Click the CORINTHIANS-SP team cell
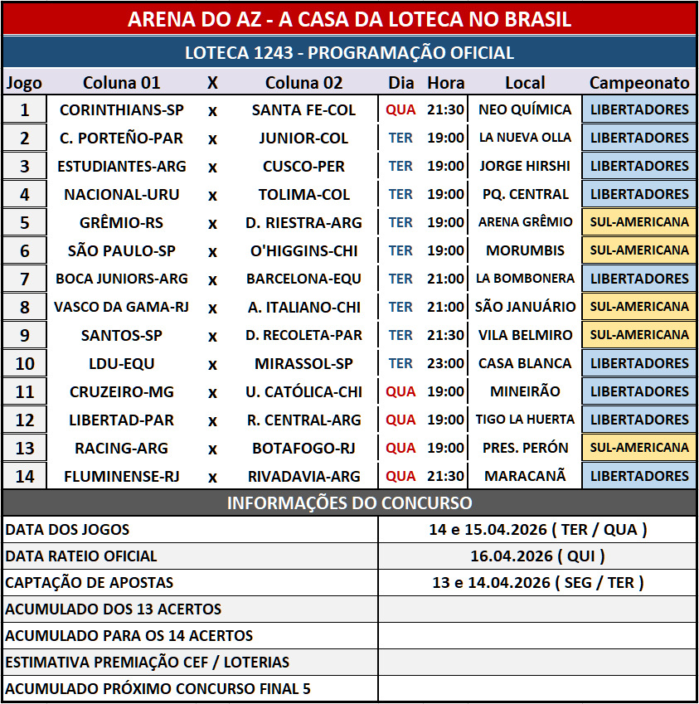coord(121,109)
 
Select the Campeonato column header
coord(638,83)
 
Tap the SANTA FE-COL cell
coord(303,109)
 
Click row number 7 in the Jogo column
coord(24,279)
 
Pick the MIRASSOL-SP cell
coord(303,363)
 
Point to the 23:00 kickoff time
coord(445,363)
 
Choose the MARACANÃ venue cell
coord(525,476)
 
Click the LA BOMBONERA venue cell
coord(525,279)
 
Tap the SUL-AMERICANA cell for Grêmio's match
coord(638,222)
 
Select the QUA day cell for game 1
coord(400,109)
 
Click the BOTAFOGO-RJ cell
coord(303,448)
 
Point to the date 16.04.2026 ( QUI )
coord(537,556)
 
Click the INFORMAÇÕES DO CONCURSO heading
coord(349,503)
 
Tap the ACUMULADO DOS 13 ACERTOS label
coord(114,609)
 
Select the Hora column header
coord(445,83)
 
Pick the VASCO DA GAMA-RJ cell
coord(121,307)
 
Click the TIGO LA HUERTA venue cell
coord(525,420)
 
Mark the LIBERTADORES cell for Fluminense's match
coord(638,476)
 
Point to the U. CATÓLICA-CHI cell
coord(303,391)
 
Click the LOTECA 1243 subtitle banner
coord(349,53)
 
